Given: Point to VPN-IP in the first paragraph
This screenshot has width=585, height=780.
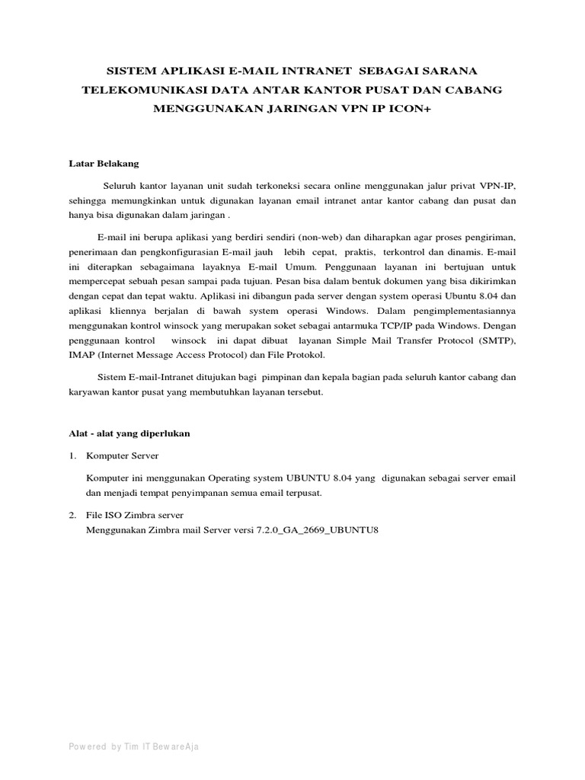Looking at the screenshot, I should point(499,186).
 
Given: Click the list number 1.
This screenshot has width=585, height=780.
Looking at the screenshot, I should point(72,456).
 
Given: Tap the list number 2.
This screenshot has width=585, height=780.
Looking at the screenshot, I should point(72,516).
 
